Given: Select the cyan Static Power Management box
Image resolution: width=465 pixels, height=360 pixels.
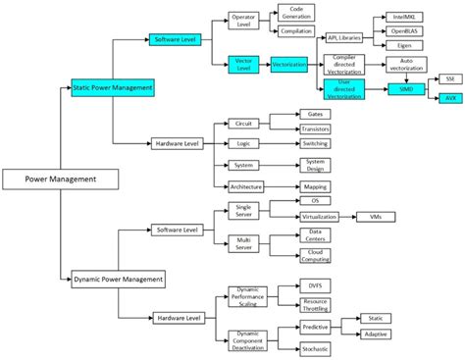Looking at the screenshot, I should click(x=113, y=88).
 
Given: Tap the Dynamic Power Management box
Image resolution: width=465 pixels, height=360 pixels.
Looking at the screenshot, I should click(x=118, y=280).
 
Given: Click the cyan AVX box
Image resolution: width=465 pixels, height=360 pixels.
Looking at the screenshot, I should click(x=450, y=98).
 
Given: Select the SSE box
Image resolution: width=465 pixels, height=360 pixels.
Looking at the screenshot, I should click(x=450, y=77).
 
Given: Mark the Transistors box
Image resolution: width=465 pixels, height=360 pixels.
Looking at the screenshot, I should click(x=315, y=127).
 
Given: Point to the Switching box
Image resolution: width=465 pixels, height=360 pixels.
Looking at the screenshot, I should click(x=315, y=143).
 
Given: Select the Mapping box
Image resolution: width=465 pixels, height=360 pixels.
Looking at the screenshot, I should click(x=315, y=185).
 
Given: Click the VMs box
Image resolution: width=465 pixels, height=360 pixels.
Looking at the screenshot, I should click(x=377, y=215).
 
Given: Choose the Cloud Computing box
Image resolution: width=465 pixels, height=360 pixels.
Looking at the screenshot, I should click(x=315, y=254).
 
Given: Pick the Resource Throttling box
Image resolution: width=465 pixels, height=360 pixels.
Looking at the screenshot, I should click(x=315, y=305).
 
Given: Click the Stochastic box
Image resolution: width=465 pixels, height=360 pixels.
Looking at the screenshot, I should click(x=315, y=348).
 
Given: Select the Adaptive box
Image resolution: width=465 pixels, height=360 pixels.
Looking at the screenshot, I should click(x=377, y=334).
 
